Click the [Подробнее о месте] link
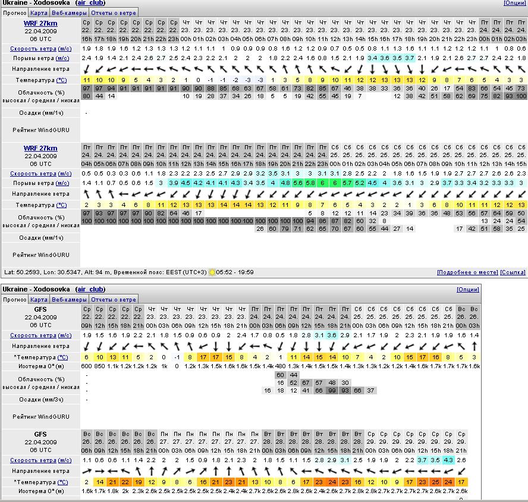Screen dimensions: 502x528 tap(467, 272)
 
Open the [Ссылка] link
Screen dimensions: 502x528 tap(513, 272)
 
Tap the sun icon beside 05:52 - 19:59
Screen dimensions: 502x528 tap(212, 272)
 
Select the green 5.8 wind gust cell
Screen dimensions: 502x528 tap(310, 183)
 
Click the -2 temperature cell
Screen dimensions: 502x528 tap(235, 80)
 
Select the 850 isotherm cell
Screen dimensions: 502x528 tap(100, 366)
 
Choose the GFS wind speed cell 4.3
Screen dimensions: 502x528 tap(448, 460)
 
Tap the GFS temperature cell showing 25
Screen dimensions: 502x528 tap(435, 482)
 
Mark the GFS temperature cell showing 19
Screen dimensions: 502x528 tap(138, 482)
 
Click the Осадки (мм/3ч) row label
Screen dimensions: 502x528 tap(41, 400)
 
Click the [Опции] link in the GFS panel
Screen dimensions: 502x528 tap(467, 290)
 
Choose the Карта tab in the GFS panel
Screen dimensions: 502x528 tap(39, 300)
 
